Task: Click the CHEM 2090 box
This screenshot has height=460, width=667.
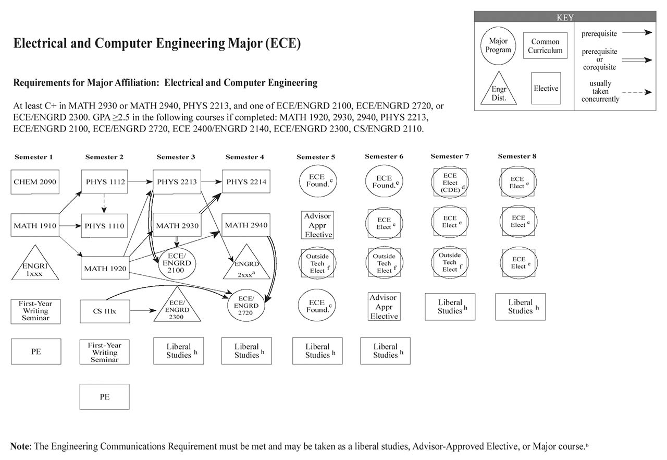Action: (35, 182)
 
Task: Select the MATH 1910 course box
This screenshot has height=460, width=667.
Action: (35, 226)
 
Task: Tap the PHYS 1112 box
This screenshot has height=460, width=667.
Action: (104, 182)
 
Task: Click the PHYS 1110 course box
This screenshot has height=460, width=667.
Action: (104, 226)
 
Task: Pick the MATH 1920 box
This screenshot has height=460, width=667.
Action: (104, 269)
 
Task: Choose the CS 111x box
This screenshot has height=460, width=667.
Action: (104, 311)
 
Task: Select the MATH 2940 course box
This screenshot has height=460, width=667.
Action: (246, 225)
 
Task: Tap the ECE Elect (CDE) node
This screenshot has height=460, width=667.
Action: (450, 183)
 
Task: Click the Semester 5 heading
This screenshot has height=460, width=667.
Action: (316, 157)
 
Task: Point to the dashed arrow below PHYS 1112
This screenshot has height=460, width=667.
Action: (104, 203)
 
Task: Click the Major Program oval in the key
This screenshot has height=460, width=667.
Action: (498, 46)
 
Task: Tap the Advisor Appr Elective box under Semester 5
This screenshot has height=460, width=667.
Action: (318, 225)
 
